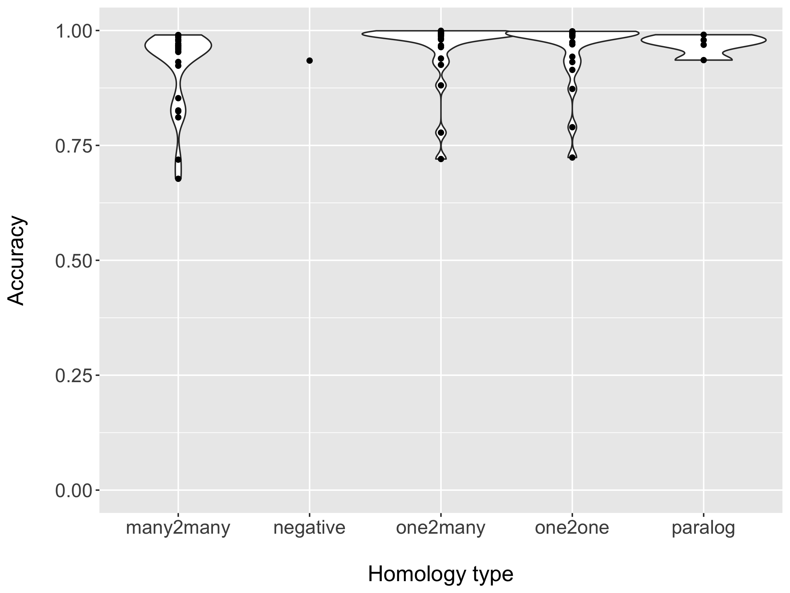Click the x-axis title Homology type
[x=440, y=575]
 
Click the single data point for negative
[x=310, y=61]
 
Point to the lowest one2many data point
[x=441, y=159]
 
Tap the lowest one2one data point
[x=572, y=157]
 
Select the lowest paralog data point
[x=703, y=60]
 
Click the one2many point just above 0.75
[x=441, y=133]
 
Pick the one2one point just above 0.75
[x=572, y=127]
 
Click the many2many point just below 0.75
[x=178, y=159]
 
